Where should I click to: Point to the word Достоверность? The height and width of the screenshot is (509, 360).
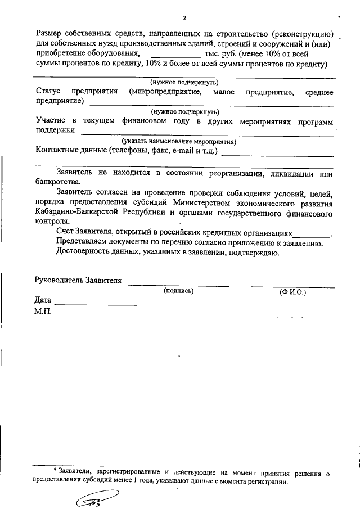coord(85,253)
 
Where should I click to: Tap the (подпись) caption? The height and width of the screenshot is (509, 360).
coord(179,291)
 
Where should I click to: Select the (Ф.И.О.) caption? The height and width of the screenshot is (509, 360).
coord(292,292)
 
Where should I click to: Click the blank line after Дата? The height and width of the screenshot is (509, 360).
coord(96,304)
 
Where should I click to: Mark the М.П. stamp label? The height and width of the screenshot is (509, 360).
coord(43,311)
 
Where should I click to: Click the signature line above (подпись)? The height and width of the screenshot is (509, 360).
coord(178,286)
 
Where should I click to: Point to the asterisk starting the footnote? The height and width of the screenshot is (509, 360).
coord(55,471)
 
